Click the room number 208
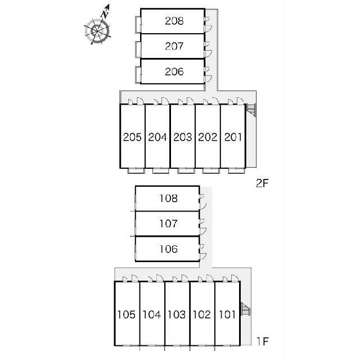coord(174,21)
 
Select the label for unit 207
coord(174,46)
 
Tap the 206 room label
coord(174,71)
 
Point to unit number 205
coord(132,137)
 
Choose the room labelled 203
coord(182,137)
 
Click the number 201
coord(233,137)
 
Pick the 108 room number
coord(169,199)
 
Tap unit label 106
coord(169,249)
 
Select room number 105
coord(127,314)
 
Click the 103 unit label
coord(177,314)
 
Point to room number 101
coord(227,314)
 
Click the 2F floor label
coord(262,183)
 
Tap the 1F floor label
coord(263,341)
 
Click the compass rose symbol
coord(97,31)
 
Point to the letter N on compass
coord(105,14)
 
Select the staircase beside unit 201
coord(251,110)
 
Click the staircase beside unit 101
coord(245,309)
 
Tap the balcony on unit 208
coord(138,24)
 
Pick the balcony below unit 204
coord(161,170)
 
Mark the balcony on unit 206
coord(138,74)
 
